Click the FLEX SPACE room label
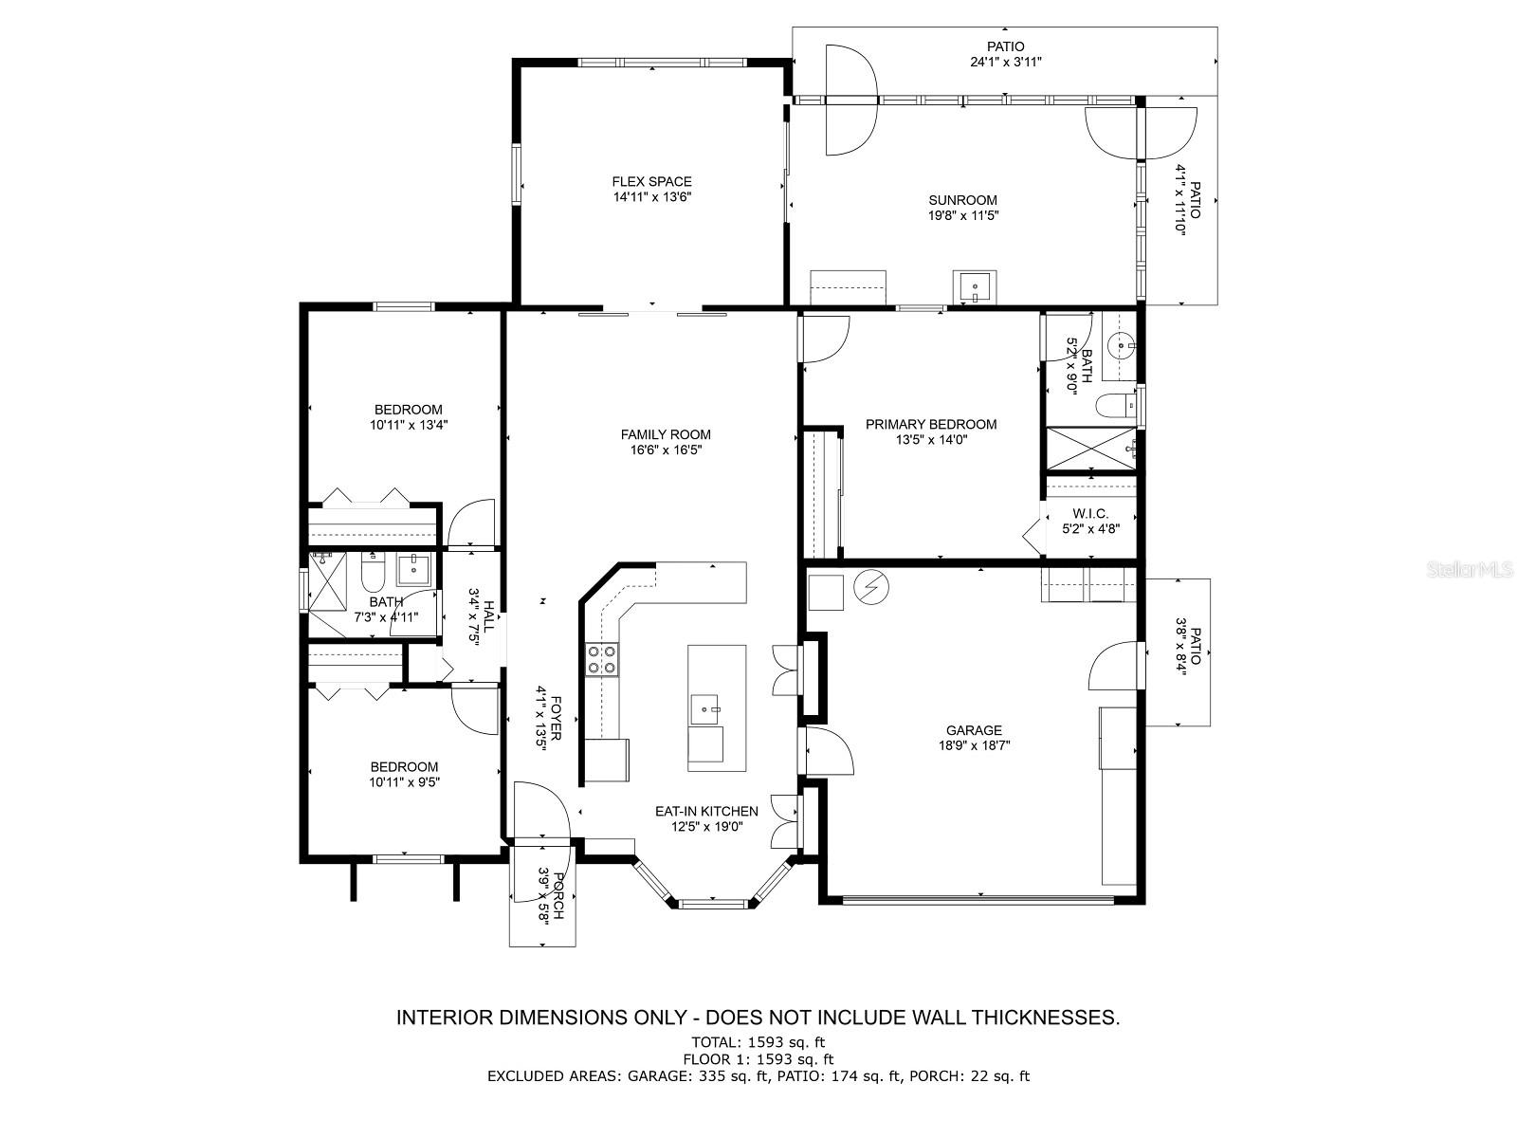tap(651, 182)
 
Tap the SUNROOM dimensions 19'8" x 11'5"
tap(962, 215)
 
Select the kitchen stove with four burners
tap(602, 659)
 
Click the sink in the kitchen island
tap(705, 709)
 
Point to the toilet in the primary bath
tap(1115, 405)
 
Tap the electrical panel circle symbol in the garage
tap(870, 587)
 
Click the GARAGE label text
tap(974, 730)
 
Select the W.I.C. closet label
tap(1090, 514)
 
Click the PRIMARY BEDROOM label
tap(931, 424)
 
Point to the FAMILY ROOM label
tap(666, 434)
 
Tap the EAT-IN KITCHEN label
tap(706, 811)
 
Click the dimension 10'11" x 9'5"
tap(404, 782)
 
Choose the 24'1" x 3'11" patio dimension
tap(1006, 63)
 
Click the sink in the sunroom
tap(975, 286)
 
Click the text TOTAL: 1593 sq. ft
tap(758, 1042)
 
